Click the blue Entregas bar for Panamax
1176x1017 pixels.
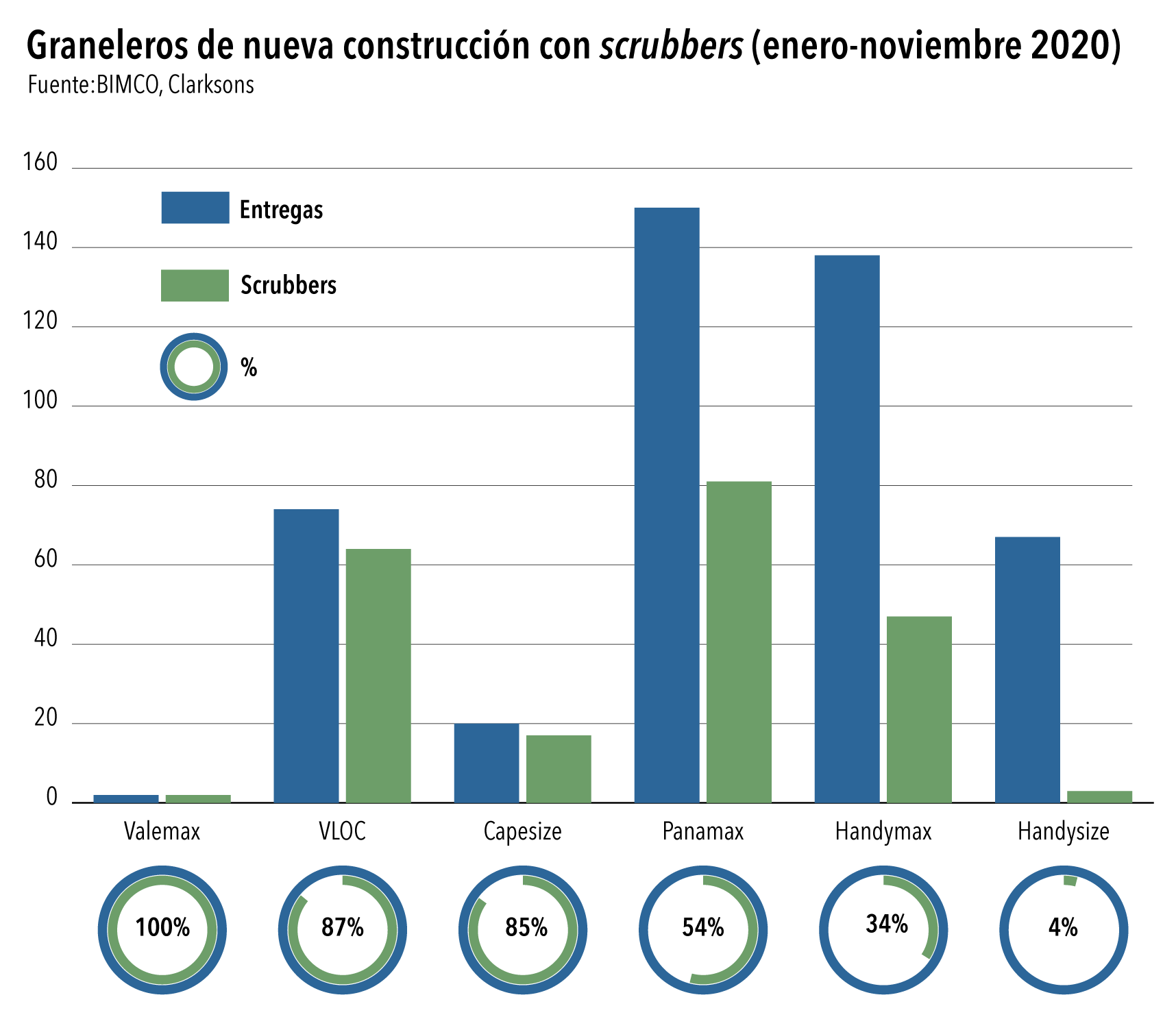coord(666,504)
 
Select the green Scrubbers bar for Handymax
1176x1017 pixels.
coord(919,709)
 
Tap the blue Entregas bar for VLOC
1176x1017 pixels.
coord(306,655)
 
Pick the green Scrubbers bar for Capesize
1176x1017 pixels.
coord(559,768)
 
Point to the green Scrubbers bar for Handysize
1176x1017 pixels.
coord(1099,796)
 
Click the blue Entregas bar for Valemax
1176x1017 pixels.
coord(126,798)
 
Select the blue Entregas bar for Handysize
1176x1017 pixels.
coord(1027,669)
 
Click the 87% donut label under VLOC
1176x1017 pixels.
coord(343,927)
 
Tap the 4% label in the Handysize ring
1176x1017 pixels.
coord(1063,927)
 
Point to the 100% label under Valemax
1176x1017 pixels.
coord(162,927)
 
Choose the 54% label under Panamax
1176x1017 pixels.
coord(703,927)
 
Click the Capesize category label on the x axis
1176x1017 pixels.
coord(522,831)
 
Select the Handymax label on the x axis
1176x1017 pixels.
coord(883,831)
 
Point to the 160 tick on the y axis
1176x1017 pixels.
coord(40,162)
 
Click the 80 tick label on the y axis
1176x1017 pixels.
coord(46,480)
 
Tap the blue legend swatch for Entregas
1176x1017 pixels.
coord(195,208)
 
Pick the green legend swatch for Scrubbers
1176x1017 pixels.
coord(195,285)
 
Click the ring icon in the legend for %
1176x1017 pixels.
coord(194,367)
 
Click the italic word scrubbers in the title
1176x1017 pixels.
coord(672,46)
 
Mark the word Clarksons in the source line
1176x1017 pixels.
coord(211,84)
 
